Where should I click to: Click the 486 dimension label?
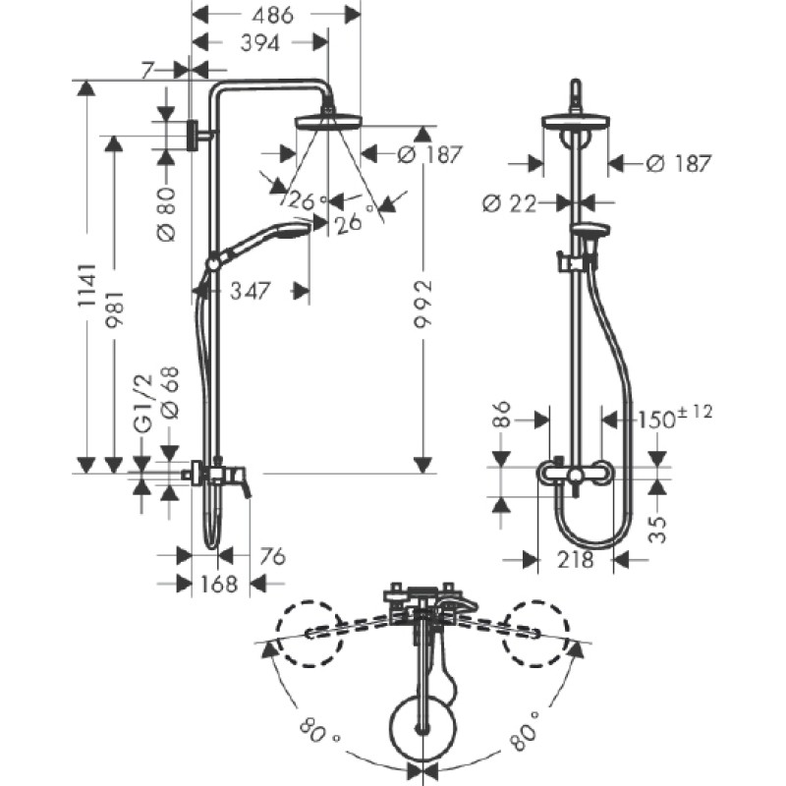pos(272,15)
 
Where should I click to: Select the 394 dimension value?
pos(260,43)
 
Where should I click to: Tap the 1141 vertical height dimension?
pos(86,285)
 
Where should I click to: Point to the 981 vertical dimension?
pos(114,309)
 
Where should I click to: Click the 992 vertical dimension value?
pos(422,304)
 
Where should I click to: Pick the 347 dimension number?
pos(251,291)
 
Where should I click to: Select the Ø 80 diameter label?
pos(166,213)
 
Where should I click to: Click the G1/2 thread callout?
pos(142,404)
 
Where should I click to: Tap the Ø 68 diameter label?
pos(169,392)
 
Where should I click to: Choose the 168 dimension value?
pos(218,584)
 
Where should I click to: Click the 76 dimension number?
pos(273,556)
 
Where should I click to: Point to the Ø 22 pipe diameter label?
pos(509,203)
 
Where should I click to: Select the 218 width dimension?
pos(575,559)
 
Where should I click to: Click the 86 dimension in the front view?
pos(501,414)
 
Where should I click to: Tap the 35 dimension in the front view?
pos(657,530)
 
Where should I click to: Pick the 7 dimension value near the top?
pos(145,70)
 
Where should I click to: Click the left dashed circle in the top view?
pos(307,633)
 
